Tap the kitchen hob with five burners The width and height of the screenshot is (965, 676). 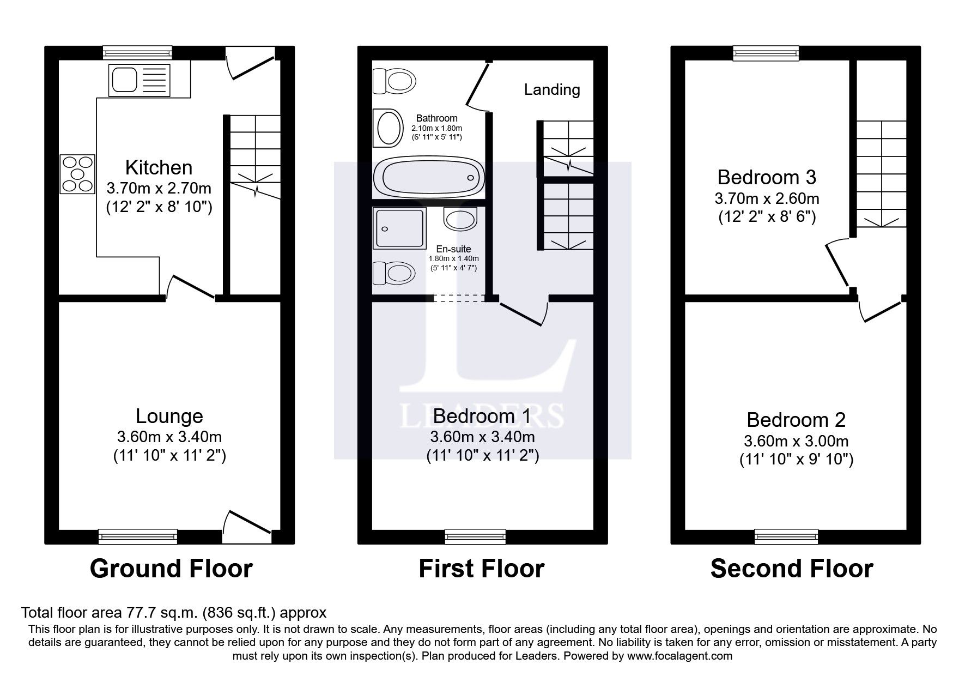(77, 174)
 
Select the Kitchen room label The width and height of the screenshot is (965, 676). (159, 167)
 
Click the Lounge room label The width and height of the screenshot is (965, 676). (169, 416)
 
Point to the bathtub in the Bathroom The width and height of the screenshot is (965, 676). (428, 178)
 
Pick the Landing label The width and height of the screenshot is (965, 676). (552, 89)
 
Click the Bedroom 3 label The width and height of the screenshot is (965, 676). (767, 177)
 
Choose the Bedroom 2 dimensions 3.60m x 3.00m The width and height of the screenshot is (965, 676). (796, 440)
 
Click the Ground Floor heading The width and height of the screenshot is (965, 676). (171, 569)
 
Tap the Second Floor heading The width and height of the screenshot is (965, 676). (792, 569)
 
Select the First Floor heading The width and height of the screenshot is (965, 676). (482, 569)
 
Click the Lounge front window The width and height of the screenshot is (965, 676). (138, 536)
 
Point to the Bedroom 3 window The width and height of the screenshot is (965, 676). (766, 53)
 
